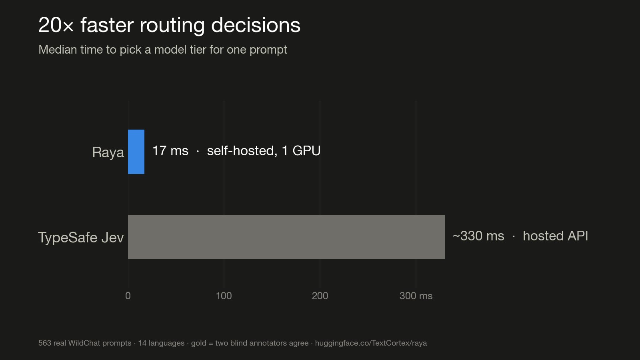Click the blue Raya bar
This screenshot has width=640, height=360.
coord(136,152)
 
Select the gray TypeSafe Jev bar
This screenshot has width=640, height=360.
coord(286,237)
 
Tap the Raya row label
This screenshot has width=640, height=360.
coord(108,152)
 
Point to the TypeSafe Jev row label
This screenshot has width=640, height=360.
coord(81,238)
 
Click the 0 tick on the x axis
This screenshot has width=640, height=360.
coord(128,296)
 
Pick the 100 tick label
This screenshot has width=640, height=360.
coord(224,296)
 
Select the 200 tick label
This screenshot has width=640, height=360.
coord(320,296)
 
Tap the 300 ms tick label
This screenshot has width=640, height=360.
coord(416,296)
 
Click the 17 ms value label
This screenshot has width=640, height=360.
coord(170,150)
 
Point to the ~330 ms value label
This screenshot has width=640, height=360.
coord(478,236)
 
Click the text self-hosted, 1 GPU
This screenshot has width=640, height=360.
coord(264,150)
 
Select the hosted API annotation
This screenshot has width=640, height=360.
coord(555,236)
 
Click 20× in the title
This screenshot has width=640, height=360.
coord(56,25)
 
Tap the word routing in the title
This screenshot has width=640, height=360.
coord(172,26)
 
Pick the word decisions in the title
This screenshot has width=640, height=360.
coord(256,25)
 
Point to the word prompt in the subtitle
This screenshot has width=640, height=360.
coord(268,50)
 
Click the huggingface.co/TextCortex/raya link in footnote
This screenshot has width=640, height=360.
coord(371,343)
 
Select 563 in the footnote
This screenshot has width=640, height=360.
coord(44,343)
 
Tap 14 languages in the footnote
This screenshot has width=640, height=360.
coord(161,343)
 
